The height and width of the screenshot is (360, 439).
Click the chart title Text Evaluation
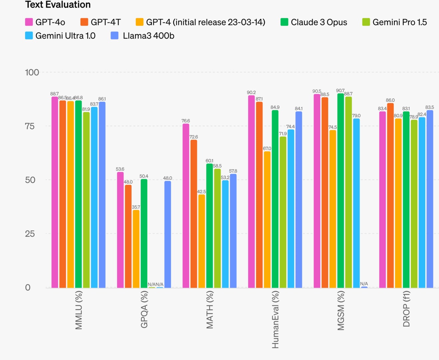[x=58, y=5]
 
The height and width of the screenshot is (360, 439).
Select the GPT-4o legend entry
[x=45, y=22]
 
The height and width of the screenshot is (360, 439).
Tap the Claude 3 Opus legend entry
[x=314, y=22]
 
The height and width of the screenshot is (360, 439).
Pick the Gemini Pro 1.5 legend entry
[x=394, y=22]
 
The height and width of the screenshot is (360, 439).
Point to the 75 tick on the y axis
[x=30, y=126]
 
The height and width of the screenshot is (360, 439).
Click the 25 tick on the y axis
[x=30, y=234]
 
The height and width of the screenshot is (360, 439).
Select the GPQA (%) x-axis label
[x=144, y=309]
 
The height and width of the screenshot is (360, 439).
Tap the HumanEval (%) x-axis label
[x=275, y=320]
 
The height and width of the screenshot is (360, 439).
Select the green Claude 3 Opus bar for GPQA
[x=144, y=233]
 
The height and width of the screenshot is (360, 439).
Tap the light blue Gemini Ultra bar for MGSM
[x=356, y=203]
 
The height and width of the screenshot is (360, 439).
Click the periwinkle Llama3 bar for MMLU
[x=102, y=195]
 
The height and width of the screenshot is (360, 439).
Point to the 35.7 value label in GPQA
[x=136, y=207]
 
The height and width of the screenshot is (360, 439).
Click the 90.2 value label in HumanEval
[x=251, y=93]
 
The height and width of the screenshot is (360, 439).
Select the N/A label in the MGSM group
[x=364, y=284]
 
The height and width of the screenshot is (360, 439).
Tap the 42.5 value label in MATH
[x=202, y=192]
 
